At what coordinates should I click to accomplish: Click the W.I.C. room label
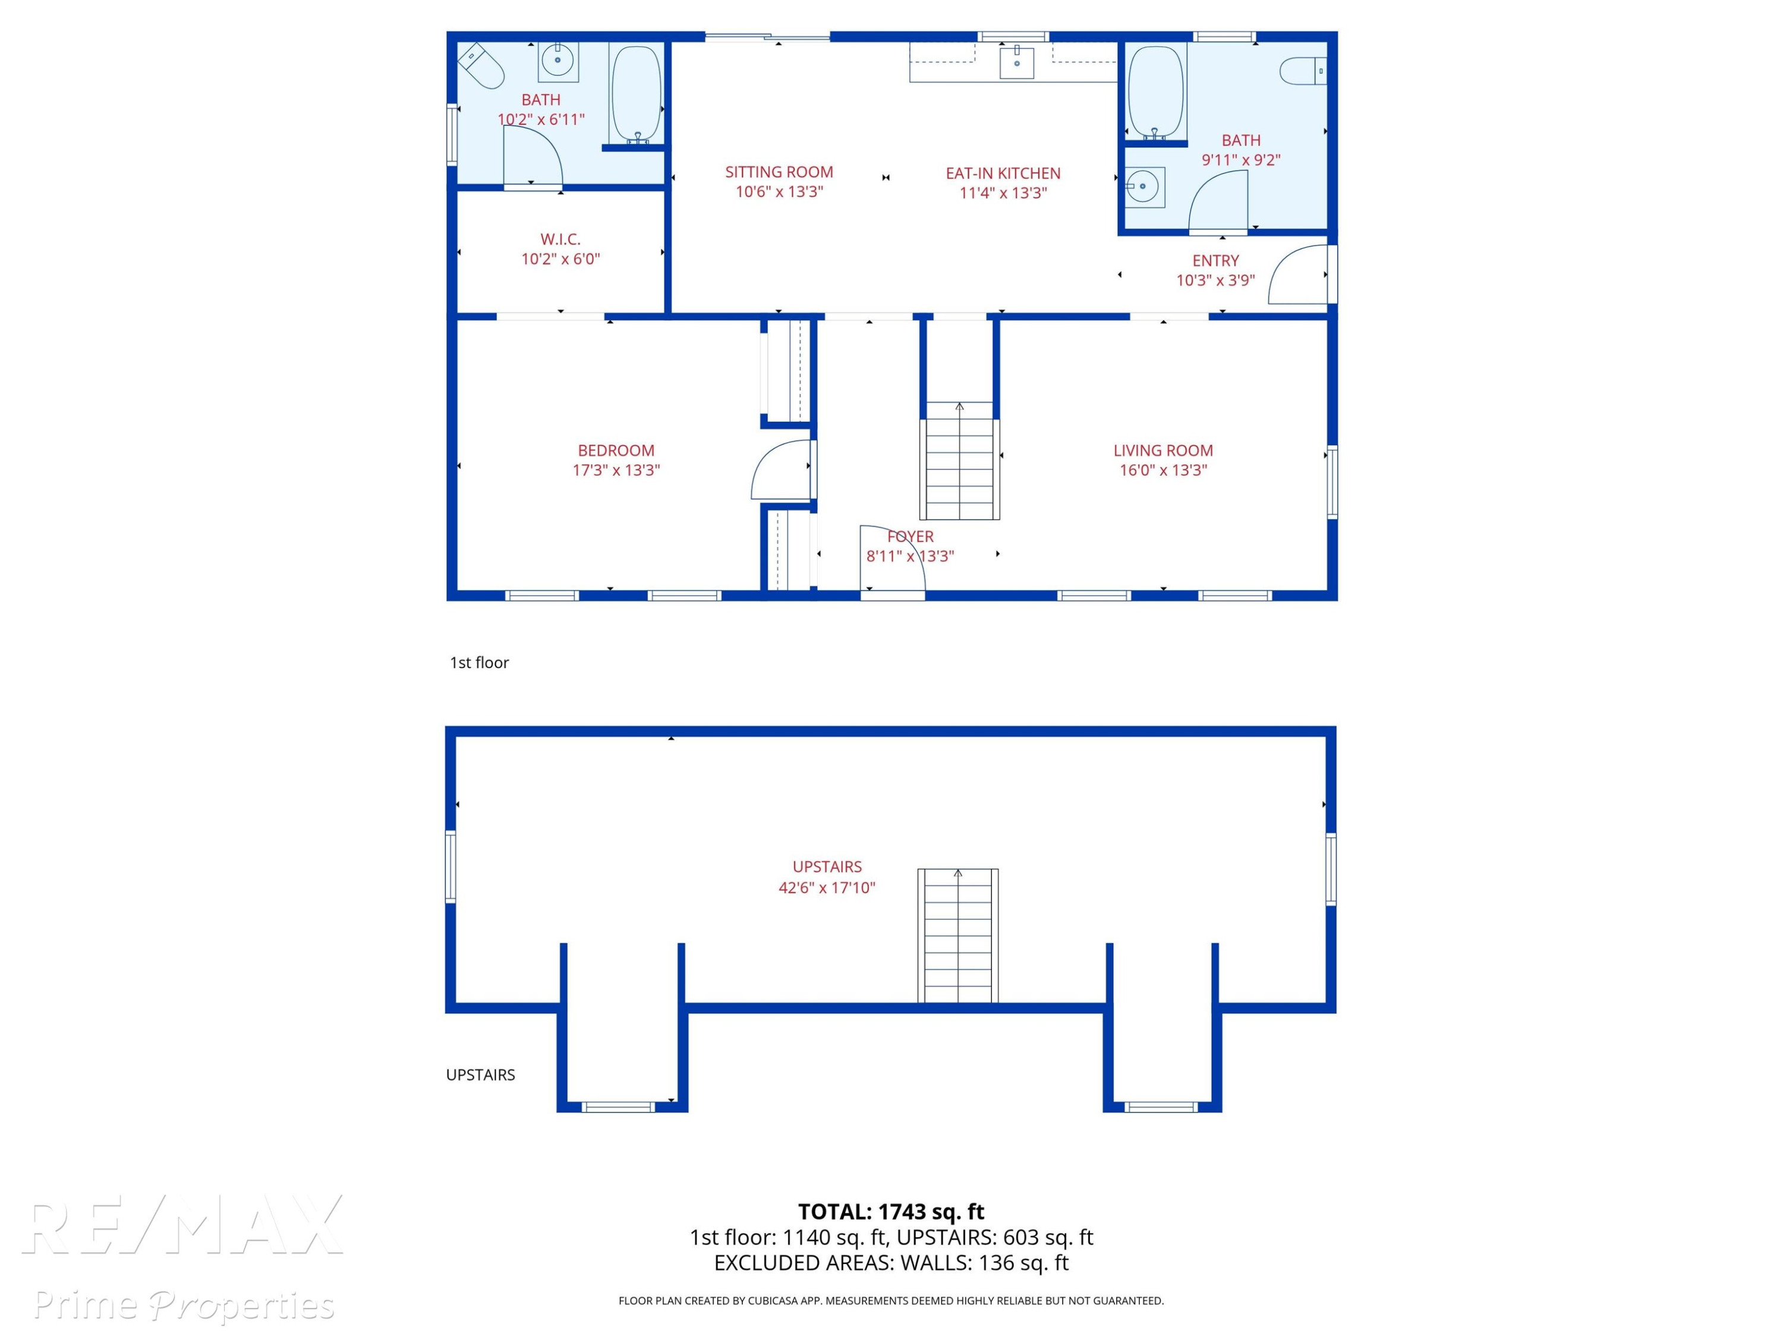point(560,239)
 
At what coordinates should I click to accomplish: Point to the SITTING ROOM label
point(779,172)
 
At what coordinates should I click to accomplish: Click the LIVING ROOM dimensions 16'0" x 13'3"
point(1163,470)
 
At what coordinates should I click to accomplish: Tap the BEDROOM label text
point(616,450)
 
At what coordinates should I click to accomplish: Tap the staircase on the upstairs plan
point(957,935)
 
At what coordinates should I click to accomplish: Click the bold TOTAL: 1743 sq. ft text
point(891,1211)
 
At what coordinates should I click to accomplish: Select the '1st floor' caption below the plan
point(479,663)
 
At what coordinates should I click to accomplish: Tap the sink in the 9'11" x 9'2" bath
point(1145,187)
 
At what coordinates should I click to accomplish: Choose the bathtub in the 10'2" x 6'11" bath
point(636,93)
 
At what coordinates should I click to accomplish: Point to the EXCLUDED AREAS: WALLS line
point(891,1263)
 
